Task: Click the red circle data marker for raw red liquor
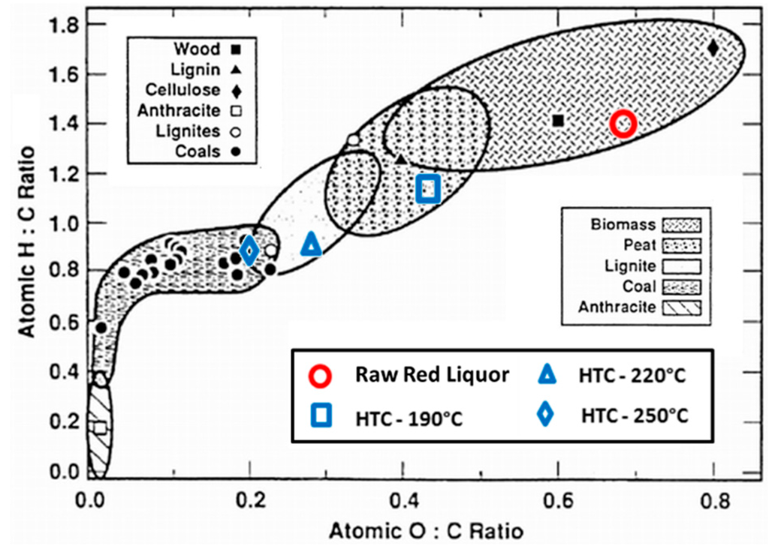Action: tap(623, 124)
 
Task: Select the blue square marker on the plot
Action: tap(428, 188)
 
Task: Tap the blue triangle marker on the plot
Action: tap(312, 244)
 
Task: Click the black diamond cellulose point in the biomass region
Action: tap(713, 49)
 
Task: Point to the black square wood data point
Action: tap(558, 121)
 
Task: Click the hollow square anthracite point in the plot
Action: tap(101, 427)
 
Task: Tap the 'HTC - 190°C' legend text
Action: tap(409, 418)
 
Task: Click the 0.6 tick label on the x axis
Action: tap(558, 497)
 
